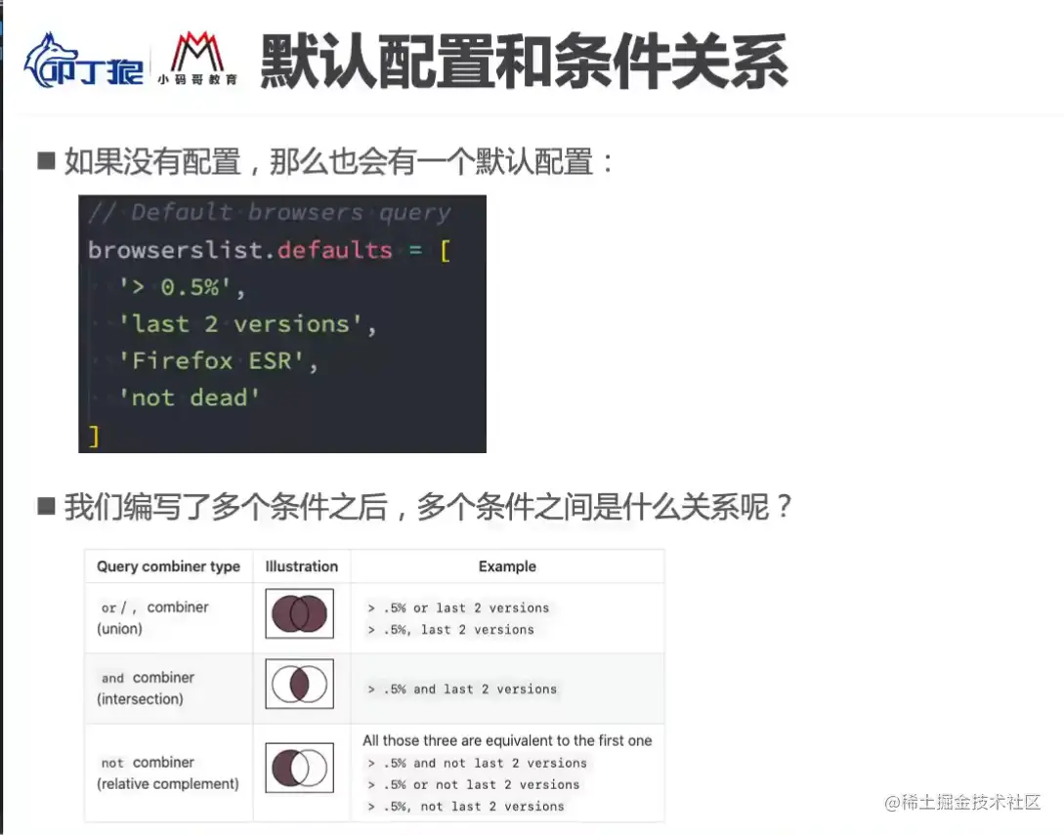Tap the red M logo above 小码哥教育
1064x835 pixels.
tap(197, 52)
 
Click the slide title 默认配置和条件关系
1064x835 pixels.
tap(524, 62)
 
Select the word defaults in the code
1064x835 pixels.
tap(334, 250)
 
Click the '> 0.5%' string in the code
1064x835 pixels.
tap(175, 287)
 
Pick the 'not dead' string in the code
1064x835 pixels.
tap(189, 397)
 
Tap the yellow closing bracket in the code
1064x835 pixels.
tap(95, 436)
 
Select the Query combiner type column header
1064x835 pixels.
tap(168, 566)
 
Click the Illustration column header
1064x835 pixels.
tap(301, 566)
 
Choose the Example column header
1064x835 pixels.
tap(507, 566)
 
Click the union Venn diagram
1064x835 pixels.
tap(299, 613)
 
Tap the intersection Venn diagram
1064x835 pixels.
tap(299, 684)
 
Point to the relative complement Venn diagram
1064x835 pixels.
tap(299, 768)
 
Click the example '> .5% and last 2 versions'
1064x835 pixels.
tap(462, 689)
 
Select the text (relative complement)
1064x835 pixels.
tap(168, 784)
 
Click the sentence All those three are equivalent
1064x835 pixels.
tap(507, 740)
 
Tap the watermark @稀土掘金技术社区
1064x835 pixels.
tap(962, 803)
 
